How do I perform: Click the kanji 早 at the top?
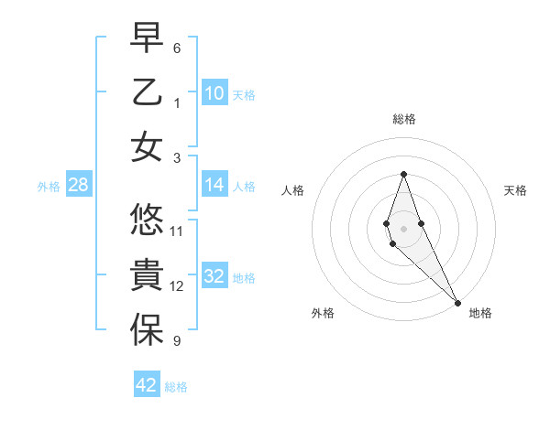(147, 38)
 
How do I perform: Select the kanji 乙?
(147, 92)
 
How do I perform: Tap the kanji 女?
(147, 146)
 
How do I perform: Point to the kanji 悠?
(147, 220)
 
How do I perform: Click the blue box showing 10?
(214, 93)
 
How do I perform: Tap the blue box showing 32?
(214, 277)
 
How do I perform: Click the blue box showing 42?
(147, 385)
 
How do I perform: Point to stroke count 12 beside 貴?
(177, 286)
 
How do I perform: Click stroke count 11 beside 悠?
(177, 231)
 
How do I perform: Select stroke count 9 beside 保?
(177, 341)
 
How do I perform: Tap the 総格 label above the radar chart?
(403, 119)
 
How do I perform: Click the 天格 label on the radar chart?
(515, 190)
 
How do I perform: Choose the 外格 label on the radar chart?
(323, 313)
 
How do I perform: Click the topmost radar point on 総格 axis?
(403, 174)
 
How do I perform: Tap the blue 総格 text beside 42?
(176, 387)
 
